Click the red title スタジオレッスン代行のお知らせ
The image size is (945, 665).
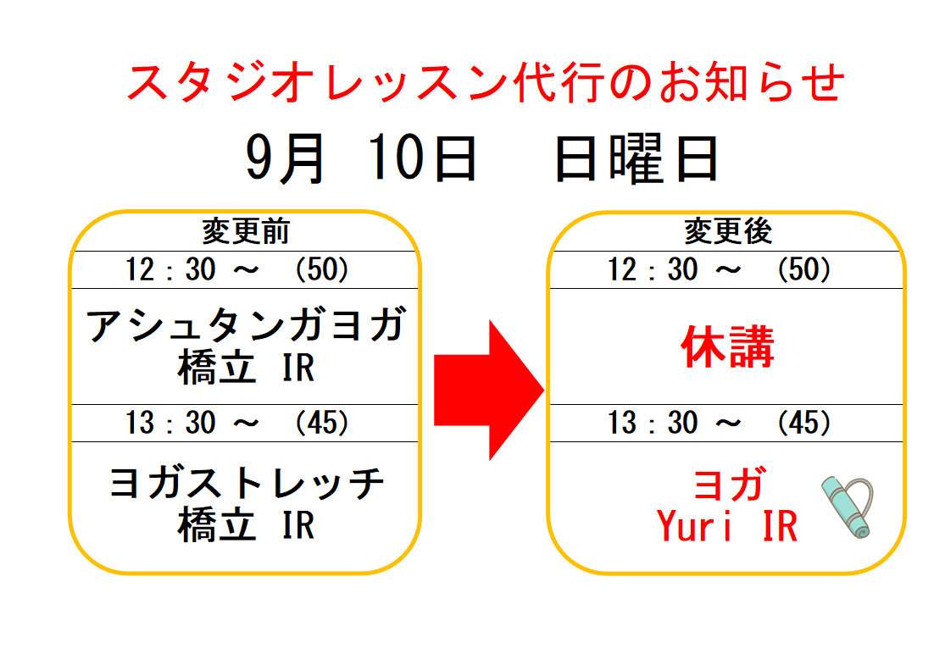click(x=486, y=82)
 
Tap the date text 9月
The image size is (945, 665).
click(x=286, y=158)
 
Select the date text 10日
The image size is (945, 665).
click(x=422, y=158)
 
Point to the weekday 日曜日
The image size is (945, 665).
click(x=636, y=158)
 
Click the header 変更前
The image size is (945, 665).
click(x=245, y=231)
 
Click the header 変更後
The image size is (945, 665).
click(x=727, y=231)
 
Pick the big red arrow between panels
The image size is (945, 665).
click(x=489, y=391)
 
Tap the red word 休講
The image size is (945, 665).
click(x=727, y=346)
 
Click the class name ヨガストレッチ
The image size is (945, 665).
click(x=247, y=483)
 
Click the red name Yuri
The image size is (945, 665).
click(x=694, y=526)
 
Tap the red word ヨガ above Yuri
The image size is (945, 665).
click(x=729, y=484)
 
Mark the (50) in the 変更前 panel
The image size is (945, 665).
click(x=321, y=269)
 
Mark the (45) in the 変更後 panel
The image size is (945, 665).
click(x=804, y=422)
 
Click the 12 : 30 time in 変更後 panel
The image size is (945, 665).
click(x=652, y=269)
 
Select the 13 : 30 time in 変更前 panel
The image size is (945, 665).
click(x=170, y=422)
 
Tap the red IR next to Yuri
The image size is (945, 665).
click(x=780, y=526)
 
